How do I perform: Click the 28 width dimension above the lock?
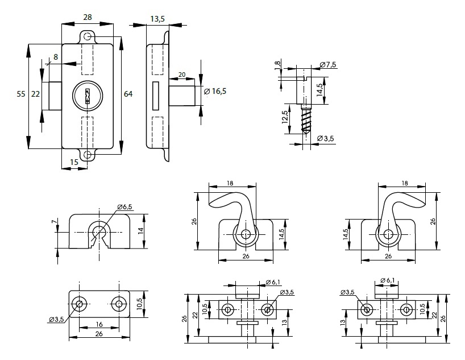tap(88, 17)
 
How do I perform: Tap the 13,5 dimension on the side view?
tap(157, 19)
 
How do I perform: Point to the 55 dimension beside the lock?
tap(21, 94)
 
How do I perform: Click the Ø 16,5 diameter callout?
tap(215, 92)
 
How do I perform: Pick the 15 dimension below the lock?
tap(74, 163)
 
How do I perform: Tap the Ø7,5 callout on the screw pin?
tap(328, 65)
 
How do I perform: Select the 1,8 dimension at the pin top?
tap(277, 66)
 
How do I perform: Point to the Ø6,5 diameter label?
tap(125, 206)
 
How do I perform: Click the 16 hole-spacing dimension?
tap(99, 324)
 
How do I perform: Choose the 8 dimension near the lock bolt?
tap(56, 56)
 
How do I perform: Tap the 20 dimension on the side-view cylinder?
tap(182, 75)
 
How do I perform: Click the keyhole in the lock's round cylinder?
tap(87, 95)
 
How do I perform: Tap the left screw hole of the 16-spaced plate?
tap(80, 304)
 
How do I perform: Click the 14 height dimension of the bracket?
tap(139, 230)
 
